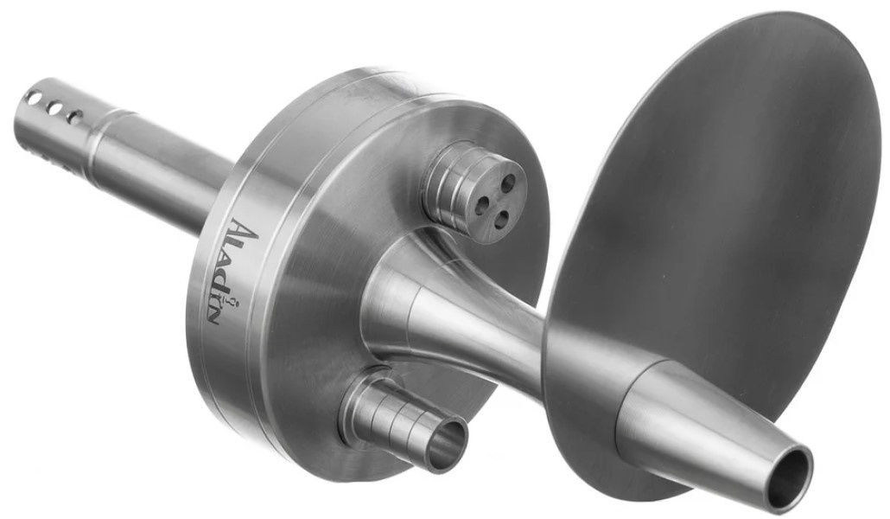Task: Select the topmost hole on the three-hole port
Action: (509, 182)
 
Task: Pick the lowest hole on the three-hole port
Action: (501, 220)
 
